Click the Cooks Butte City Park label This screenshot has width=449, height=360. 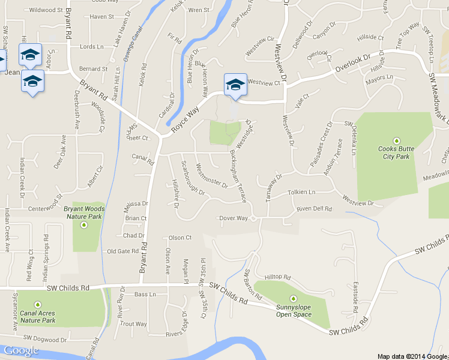click(x=393, y=152)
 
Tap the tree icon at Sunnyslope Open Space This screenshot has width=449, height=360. click(x=294, y=299)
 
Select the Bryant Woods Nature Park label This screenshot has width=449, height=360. click(x=84, y=212)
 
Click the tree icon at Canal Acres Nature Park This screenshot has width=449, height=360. click(x=37, y=304)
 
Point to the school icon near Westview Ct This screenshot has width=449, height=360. click(x=235, y=84)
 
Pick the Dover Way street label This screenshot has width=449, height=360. click(x=234, y=218)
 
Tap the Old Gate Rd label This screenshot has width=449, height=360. click(x=122, y=251)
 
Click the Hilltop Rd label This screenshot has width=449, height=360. click(x=278, y=278)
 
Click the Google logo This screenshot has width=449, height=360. click(x=20, y=351)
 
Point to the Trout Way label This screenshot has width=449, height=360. click(x=133, y=324)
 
